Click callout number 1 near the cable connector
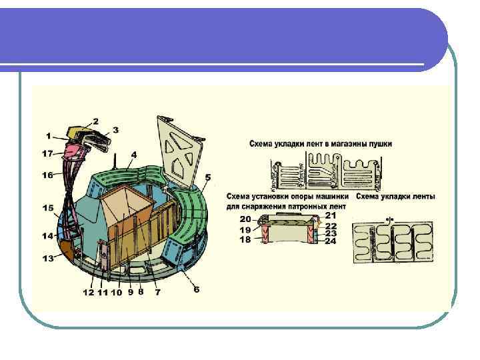[49, 136]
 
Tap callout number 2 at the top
[95, 121]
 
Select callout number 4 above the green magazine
[134, 154]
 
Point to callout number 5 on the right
[208, 177]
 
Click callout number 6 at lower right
[196, 289]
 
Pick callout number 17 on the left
[47, 153]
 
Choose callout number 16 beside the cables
[47, 175]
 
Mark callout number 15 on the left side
[48, 209]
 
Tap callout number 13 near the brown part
[48, 259]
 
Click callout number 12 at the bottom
[89, 292]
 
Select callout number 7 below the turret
[157, 292]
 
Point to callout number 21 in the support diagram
[331, 215]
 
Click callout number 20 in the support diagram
[245, 219]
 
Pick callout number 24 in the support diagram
[331, 241]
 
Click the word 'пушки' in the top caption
[379, 143]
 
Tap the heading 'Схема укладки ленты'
[396, 197]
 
